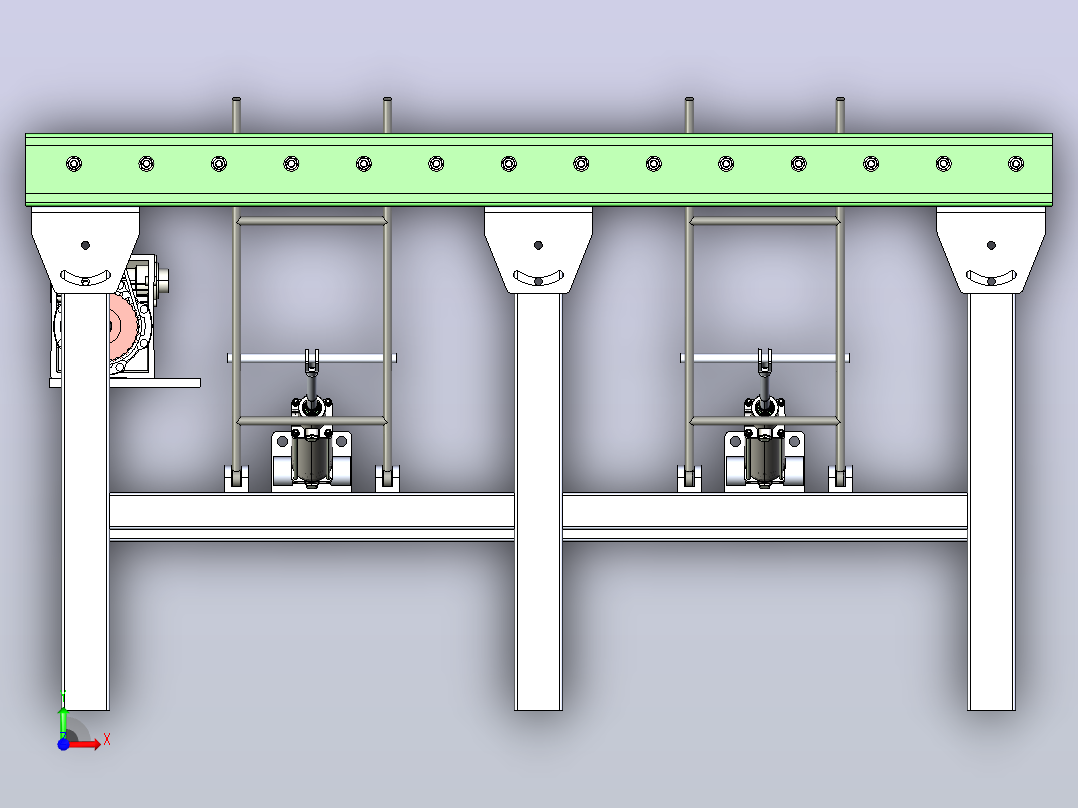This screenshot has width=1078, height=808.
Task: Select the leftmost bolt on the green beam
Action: [74, 164]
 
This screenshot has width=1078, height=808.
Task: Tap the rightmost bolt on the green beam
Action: [1015, 164]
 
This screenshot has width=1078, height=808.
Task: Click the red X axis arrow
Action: [86, 744]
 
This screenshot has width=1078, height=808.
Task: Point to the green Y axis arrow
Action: [63, 715]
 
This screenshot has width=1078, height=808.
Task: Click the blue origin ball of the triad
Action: [63, 744]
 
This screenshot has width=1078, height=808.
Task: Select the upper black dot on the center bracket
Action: [538, 245]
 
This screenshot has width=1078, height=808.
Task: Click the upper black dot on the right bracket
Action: [991, 245]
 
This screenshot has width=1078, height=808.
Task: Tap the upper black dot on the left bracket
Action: [85, 245]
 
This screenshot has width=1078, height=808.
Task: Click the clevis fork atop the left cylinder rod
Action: [311, 362]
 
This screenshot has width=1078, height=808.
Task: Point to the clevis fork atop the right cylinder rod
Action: [764, 362]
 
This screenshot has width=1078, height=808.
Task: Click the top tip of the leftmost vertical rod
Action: [236, 98]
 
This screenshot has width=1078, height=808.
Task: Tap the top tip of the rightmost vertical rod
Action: [840, 98]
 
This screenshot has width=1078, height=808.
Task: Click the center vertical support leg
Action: [538, 502]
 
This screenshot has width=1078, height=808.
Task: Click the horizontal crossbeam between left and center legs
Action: [311, 516]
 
